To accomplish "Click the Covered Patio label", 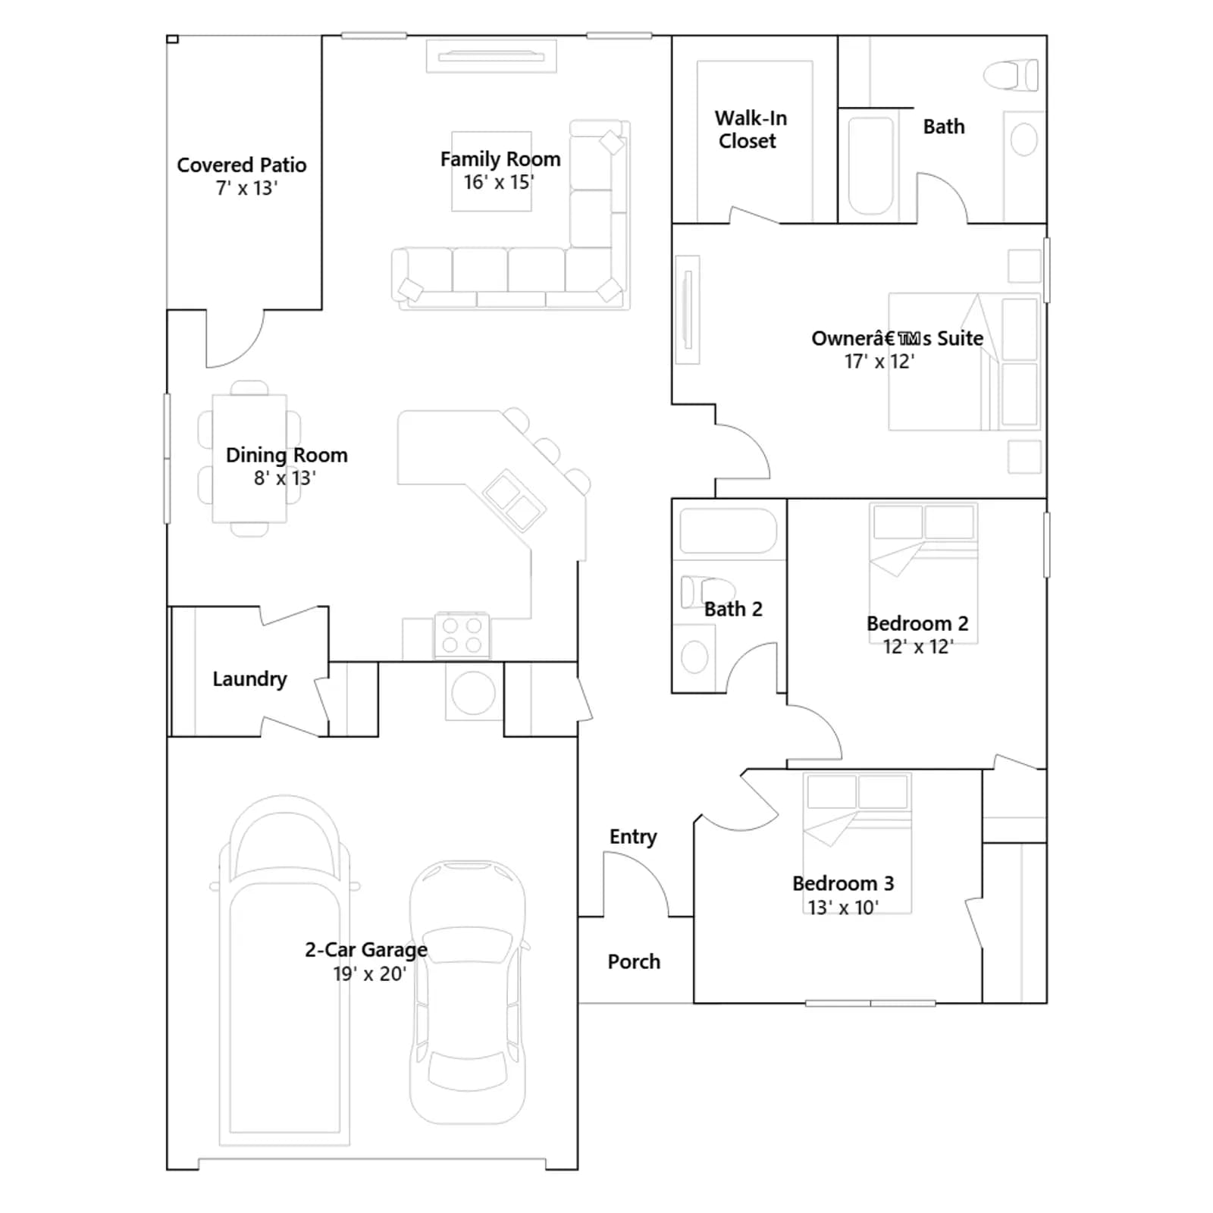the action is tap(242, 165).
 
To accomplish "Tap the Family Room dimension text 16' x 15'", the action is tap(499, 182).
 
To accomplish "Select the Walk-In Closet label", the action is tap(750, 130).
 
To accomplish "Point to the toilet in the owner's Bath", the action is tap(1011, 75).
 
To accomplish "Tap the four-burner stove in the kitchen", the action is tap(462, 635).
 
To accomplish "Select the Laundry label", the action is tap(249, 679).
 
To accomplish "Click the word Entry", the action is tap(633, 837).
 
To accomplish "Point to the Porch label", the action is tap(634, 961).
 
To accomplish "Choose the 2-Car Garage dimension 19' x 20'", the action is tap(370, 973).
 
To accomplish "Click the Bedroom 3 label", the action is tap(843, 883).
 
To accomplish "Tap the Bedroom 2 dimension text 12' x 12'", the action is tap(918, 647).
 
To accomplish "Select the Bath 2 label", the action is tap(733, 609).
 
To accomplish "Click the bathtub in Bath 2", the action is tap(729, 530).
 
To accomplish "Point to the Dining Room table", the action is tap(249, 459).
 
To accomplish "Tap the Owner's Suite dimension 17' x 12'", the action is tap(879, 362).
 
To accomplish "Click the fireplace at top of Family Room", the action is tap(491, 56).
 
